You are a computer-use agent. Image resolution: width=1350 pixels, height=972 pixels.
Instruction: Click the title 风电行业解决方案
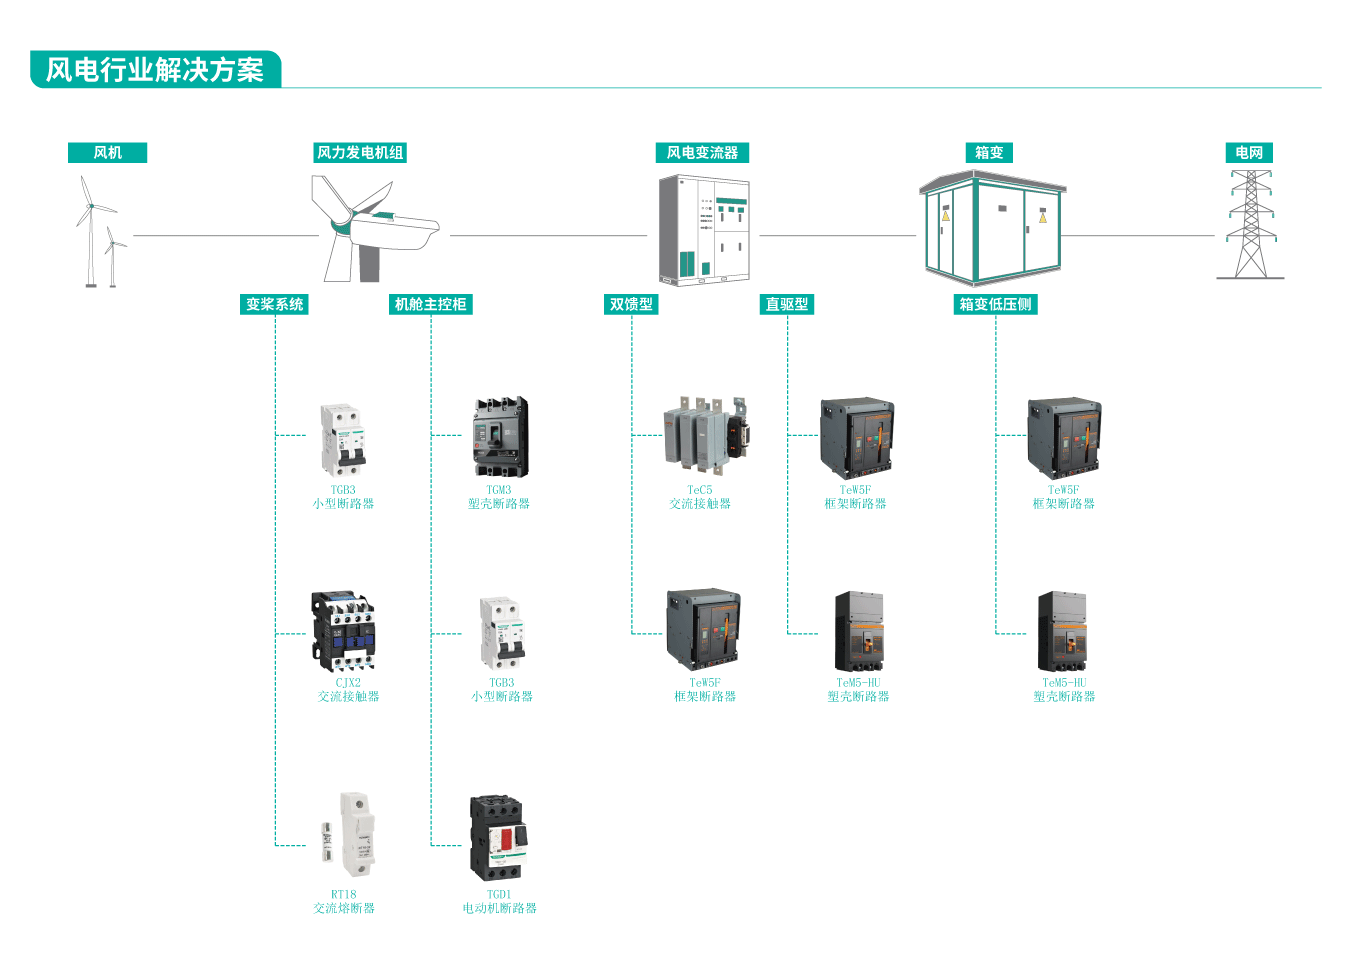pos(155,70)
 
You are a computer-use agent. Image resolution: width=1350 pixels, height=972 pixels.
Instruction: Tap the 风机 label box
pos(107,153)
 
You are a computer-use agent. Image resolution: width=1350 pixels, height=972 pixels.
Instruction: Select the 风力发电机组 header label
pos(360,153)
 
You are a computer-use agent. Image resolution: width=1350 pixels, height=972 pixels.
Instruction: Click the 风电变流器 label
pos(702,153)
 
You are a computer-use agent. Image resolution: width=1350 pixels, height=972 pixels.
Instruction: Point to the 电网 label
pos(1249,153)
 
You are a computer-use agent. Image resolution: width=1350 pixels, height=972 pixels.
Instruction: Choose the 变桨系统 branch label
pos(275,304)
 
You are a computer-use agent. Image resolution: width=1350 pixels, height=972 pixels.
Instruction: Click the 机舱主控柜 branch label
pos(430,304)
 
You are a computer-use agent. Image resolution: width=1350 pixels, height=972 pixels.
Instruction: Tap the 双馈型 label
pos(631,304)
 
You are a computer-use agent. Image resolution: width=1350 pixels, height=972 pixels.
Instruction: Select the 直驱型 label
pos(787,304)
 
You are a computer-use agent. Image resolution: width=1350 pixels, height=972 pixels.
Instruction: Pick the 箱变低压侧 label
pos(995,304)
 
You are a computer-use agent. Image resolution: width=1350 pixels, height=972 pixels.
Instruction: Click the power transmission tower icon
pos(1250,225)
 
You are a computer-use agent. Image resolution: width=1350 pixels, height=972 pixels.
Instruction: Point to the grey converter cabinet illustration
pos(704,230)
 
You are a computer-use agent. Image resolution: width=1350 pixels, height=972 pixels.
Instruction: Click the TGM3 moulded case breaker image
pos(500,438)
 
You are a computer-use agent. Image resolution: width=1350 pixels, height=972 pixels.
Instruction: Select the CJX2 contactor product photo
pos(344,631)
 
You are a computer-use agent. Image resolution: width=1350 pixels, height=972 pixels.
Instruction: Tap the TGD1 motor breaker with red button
pos(497,838)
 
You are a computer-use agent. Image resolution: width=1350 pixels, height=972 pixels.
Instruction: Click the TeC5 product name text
pos(700,490)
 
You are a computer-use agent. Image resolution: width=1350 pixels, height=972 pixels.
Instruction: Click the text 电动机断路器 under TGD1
pos(499,908)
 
